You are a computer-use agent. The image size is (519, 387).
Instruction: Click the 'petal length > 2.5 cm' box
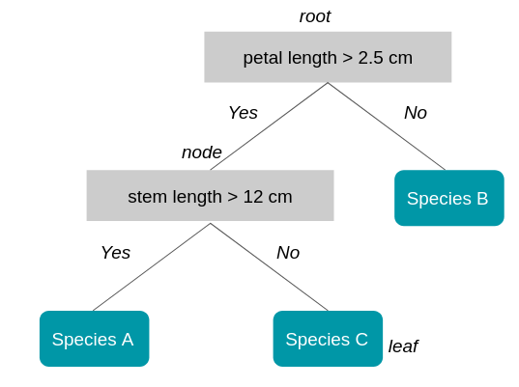(x=328, y=57)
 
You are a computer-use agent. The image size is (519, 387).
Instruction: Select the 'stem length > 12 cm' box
(x=210, y=196)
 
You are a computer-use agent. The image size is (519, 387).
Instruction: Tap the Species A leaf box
(x=94, y=339)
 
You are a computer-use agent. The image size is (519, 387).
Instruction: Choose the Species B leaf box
(x=448, y=198)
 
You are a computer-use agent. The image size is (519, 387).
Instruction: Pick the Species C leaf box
(x=328, y=339)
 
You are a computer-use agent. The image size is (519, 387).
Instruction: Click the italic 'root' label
(x=315, y=16)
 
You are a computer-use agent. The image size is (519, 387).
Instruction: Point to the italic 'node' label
(x=202, y=152)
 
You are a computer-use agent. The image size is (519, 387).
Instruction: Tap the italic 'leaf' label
(x=403, y=346)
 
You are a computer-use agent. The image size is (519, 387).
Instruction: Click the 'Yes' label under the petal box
(x=243, y=113)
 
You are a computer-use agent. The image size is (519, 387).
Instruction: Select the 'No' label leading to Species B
(x=416, y=113)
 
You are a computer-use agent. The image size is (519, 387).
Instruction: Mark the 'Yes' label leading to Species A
(x=115, y=253)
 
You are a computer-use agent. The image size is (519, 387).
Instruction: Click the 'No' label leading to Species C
(x=288, y=253)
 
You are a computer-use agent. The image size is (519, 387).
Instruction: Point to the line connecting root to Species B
(x=387, y=126)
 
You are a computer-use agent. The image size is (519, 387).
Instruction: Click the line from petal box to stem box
(x=269, y=126)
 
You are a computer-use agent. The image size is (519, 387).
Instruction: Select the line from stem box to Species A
(x=152, y=267)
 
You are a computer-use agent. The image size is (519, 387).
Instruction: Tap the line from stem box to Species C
(x=269, y=267)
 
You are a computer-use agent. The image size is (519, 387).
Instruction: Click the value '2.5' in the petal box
(x=371, y=58)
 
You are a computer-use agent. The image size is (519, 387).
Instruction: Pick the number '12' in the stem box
(x=254, y=197)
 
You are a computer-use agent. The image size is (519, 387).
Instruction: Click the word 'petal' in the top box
(x=262, y=58)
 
